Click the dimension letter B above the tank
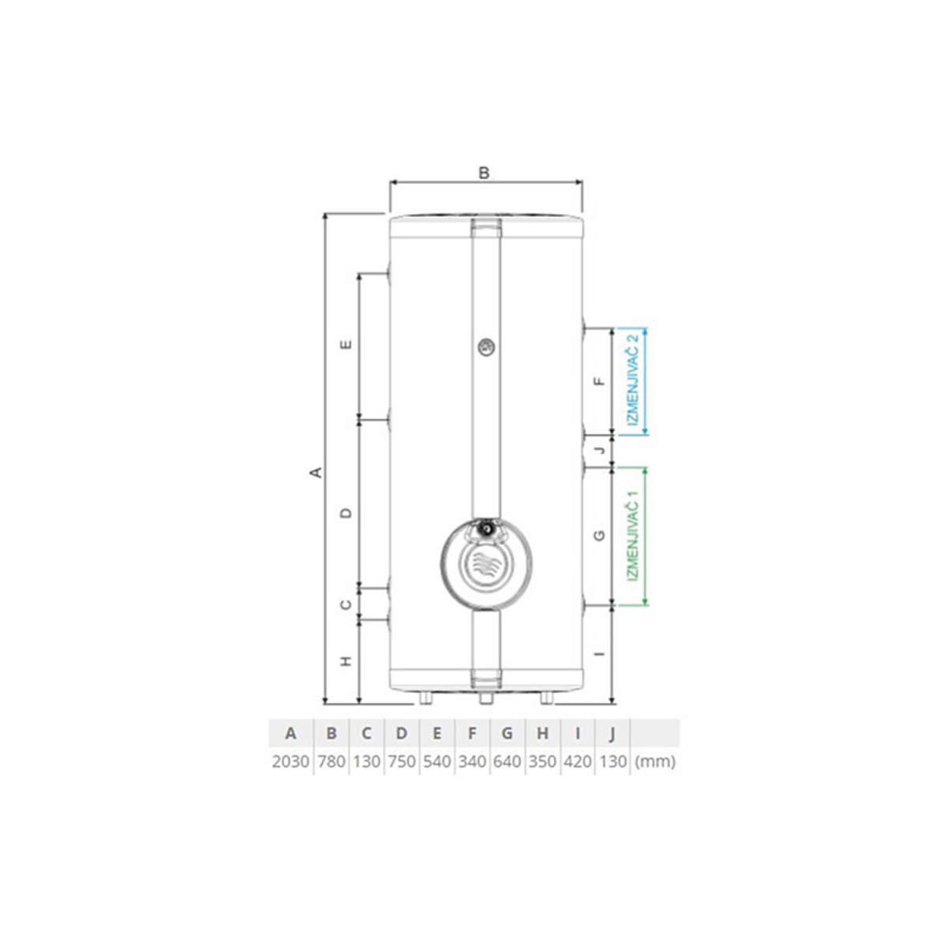(484, 173)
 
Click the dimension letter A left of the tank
(317, 472)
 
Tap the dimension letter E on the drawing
(346, 345)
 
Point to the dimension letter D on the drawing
(346, 513)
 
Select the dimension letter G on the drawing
(599, 536)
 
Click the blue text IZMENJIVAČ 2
(634, 380)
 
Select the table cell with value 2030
(290, 762)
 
